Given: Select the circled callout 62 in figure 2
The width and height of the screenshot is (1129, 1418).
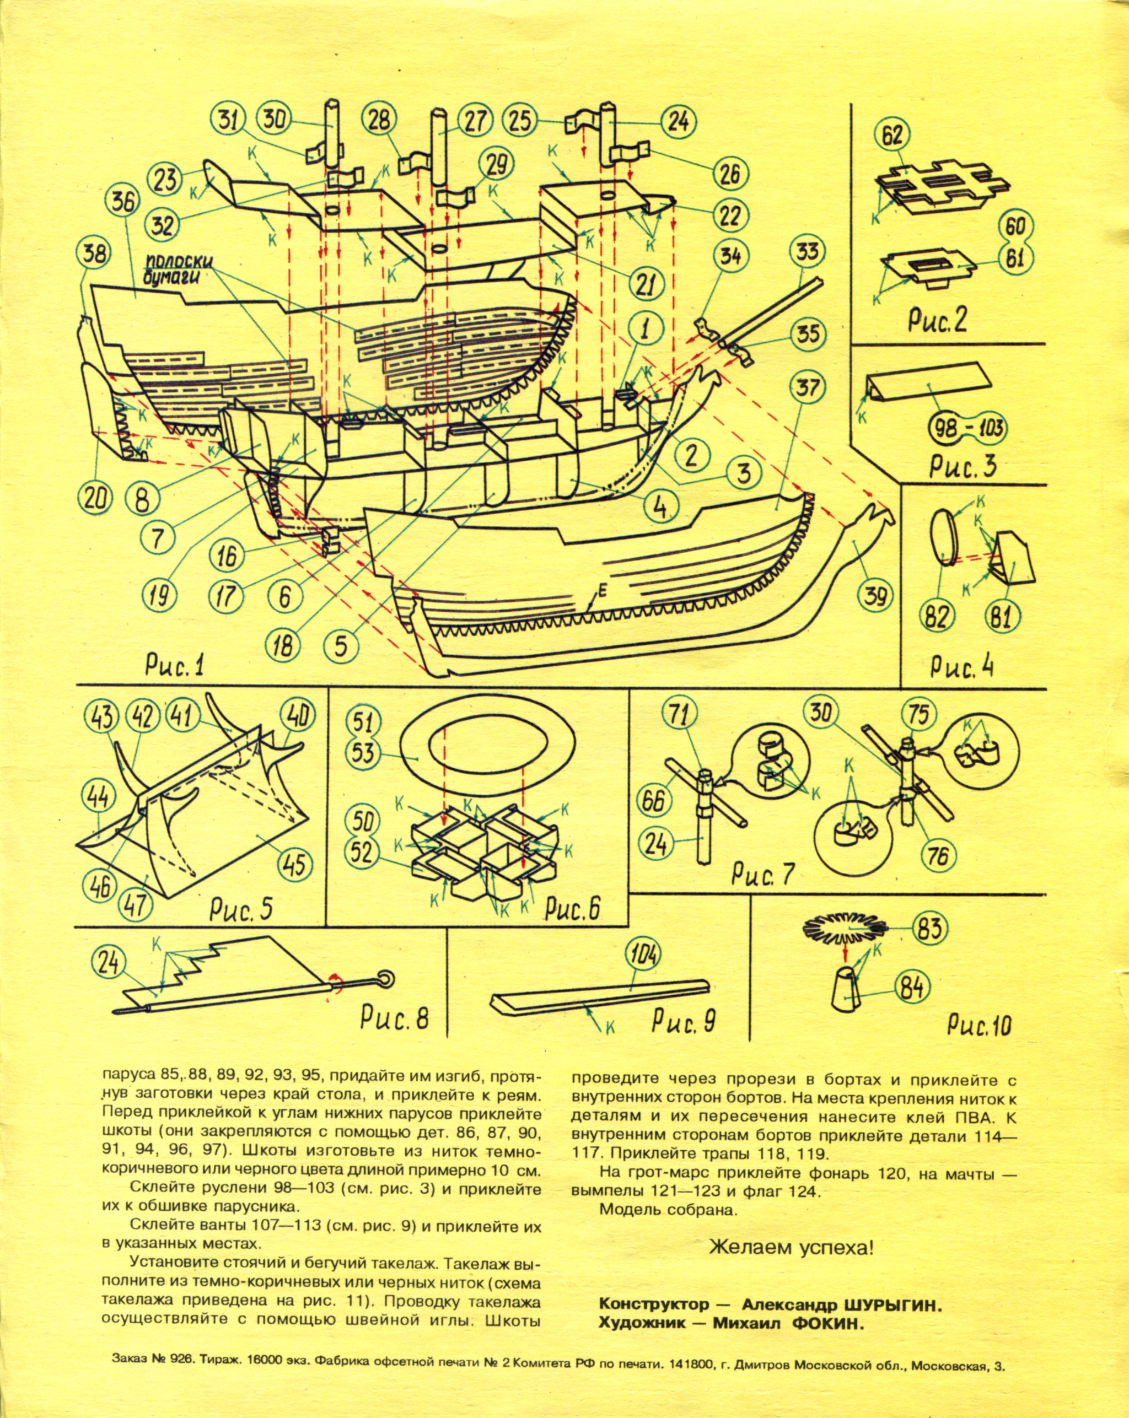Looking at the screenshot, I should (x=892, y=136).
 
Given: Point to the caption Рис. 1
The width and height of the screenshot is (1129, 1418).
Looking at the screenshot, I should (x=175, y=666).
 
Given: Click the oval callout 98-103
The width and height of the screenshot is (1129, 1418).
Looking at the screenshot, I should (x=966, y=429).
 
